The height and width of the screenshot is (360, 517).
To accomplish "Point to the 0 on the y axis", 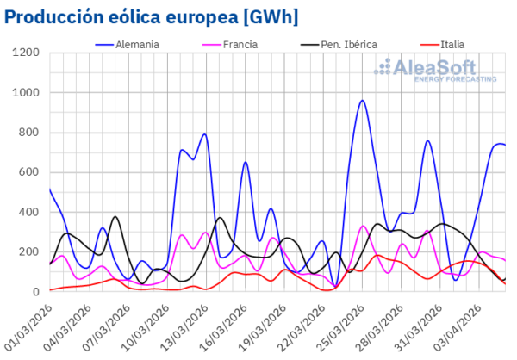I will [x=38, y=292].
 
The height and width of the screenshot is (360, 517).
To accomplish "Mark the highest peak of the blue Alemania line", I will [x=363, y=101].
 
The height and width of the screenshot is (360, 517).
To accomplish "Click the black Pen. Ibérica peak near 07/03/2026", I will [x=115, y=216].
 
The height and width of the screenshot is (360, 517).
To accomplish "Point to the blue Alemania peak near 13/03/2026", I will [x=204, y=134].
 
